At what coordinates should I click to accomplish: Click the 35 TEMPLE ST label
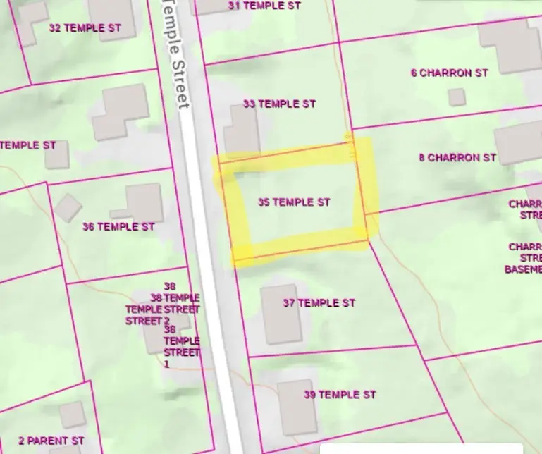(x=294, y=202)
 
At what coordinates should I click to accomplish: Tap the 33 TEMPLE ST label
(x=279, y=104)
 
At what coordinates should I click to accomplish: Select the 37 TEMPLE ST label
(x=319, y=303)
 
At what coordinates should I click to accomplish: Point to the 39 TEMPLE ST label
(x=340, y=395)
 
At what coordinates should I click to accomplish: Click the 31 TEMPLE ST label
(x=265, y=5)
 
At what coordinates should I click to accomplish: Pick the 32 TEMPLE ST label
(x=85, y=28)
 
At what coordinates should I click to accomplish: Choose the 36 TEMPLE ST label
(x=118, y=227)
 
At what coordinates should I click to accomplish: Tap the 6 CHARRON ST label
(x=450, y=73)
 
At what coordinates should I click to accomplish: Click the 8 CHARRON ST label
(x=457, y=158)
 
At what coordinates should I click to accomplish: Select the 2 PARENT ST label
(x=51, y=441)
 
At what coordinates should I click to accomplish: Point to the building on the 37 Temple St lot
(x=281, y=314)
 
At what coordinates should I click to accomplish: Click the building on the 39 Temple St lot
(x=296, y=407)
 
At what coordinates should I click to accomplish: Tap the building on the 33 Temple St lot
(x=242, y=131)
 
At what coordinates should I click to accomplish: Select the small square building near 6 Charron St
(x=457, y=97)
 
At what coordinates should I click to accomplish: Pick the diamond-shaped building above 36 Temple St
(x=68, y=207)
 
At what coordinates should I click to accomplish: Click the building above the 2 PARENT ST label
(x=72, y=415)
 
